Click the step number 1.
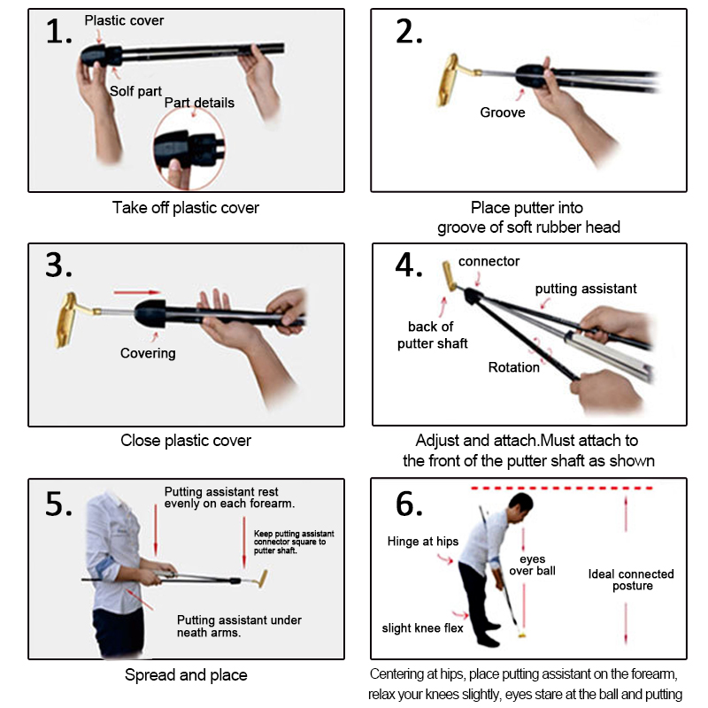[x=58, y=32]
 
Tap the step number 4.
[x=409, y=265]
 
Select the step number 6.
[x=409, y=504]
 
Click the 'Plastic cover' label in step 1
[x=124, y=20]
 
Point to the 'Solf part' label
[x=135, y=91]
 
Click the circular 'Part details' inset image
[x=189, y=149]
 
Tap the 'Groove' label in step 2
[x=503, y=112]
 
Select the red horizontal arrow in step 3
[x=137, y=293]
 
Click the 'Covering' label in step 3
[x=148, y=353]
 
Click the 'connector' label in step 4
[x=489, y=261]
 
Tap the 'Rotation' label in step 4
[x=514, y=367]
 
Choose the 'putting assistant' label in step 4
[x=586, y=289]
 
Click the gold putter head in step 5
[x=262, y=579]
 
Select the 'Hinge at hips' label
[x=423, y=542]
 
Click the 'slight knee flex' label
[x=423, y=628]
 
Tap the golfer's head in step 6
[x=520, y=507]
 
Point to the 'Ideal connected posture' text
[x=631, y=581]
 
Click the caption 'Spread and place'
[x=186, y=675]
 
